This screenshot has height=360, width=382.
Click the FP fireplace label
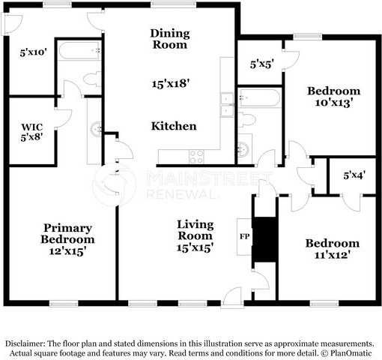pyautogui.click(x=244, y=236)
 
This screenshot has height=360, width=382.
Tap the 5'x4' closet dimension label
pyautogui.click(x=354, y=175)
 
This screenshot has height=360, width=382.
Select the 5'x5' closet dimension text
pyautogui.click(x=262, y=64)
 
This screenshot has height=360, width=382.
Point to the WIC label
pyautogui.click(x=32, y=127)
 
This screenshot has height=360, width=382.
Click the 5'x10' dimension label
pyautogui.click(x=33, y=52)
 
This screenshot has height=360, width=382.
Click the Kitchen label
pyautogui.click(x=174, y=126)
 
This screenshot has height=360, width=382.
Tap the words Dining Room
pyautogui.click(x=170, y=39)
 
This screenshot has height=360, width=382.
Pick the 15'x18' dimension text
pyautogui.click(x=171, y=83)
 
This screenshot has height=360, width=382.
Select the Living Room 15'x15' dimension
pyautogui.click(x=195, y=247)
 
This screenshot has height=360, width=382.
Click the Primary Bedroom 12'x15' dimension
pyautogui.click(x=67, y=251)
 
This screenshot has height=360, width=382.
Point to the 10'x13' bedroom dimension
pyautogui.click(x=334, y=103)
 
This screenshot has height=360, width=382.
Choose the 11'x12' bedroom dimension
pyautogui.click(x=332, y=255)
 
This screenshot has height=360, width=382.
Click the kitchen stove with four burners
pyautogui.click(x=196, y=157)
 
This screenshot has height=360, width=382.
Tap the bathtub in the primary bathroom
pyautogui.click(x=79, y=50)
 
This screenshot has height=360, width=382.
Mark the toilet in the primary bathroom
pyautogui.click(x=92, y=79)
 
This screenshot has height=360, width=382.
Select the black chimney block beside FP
pyautogui.click(x=265, y=239)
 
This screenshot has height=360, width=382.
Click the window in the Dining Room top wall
pyautogui.click(x=173, y=4)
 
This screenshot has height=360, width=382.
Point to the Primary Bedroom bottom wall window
pyautogui.click(x=64, y=304)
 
